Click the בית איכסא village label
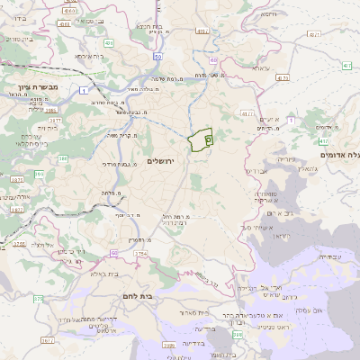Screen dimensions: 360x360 [x=89, y=57]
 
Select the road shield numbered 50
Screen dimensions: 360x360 [x=157, y=56]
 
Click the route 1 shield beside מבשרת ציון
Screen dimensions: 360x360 [x=83, y=90]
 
